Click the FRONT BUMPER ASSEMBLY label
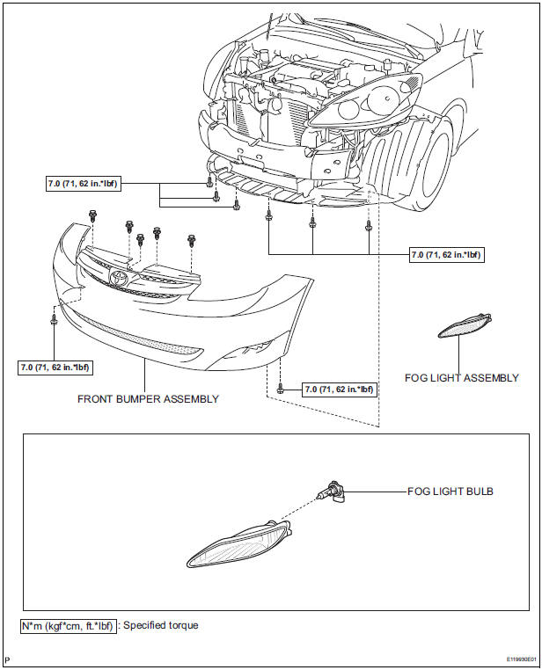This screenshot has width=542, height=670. [x=148, y=398]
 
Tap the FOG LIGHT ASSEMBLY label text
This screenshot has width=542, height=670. [x=461, y=378]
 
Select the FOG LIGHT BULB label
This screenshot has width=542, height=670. [x=450, y=492]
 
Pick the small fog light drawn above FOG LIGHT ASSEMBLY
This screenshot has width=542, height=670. [x=465, y=325]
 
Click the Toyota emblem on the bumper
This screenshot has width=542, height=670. [x=119, y=279]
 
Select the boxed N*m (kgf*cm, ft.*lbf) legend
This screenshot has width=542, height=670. [x=68, y=626]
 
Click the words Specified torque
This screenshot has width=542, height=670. [x=160, y=626]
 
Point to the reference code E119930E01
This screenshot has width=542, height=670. [x=511, y=659]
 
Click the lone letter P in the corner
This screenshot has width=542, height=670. [x=7, y=659]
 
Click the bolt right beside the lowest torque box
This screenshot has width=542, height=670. [x=281, y=388]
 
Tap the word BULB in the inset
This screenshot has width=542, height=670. [x=476, y=492]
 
